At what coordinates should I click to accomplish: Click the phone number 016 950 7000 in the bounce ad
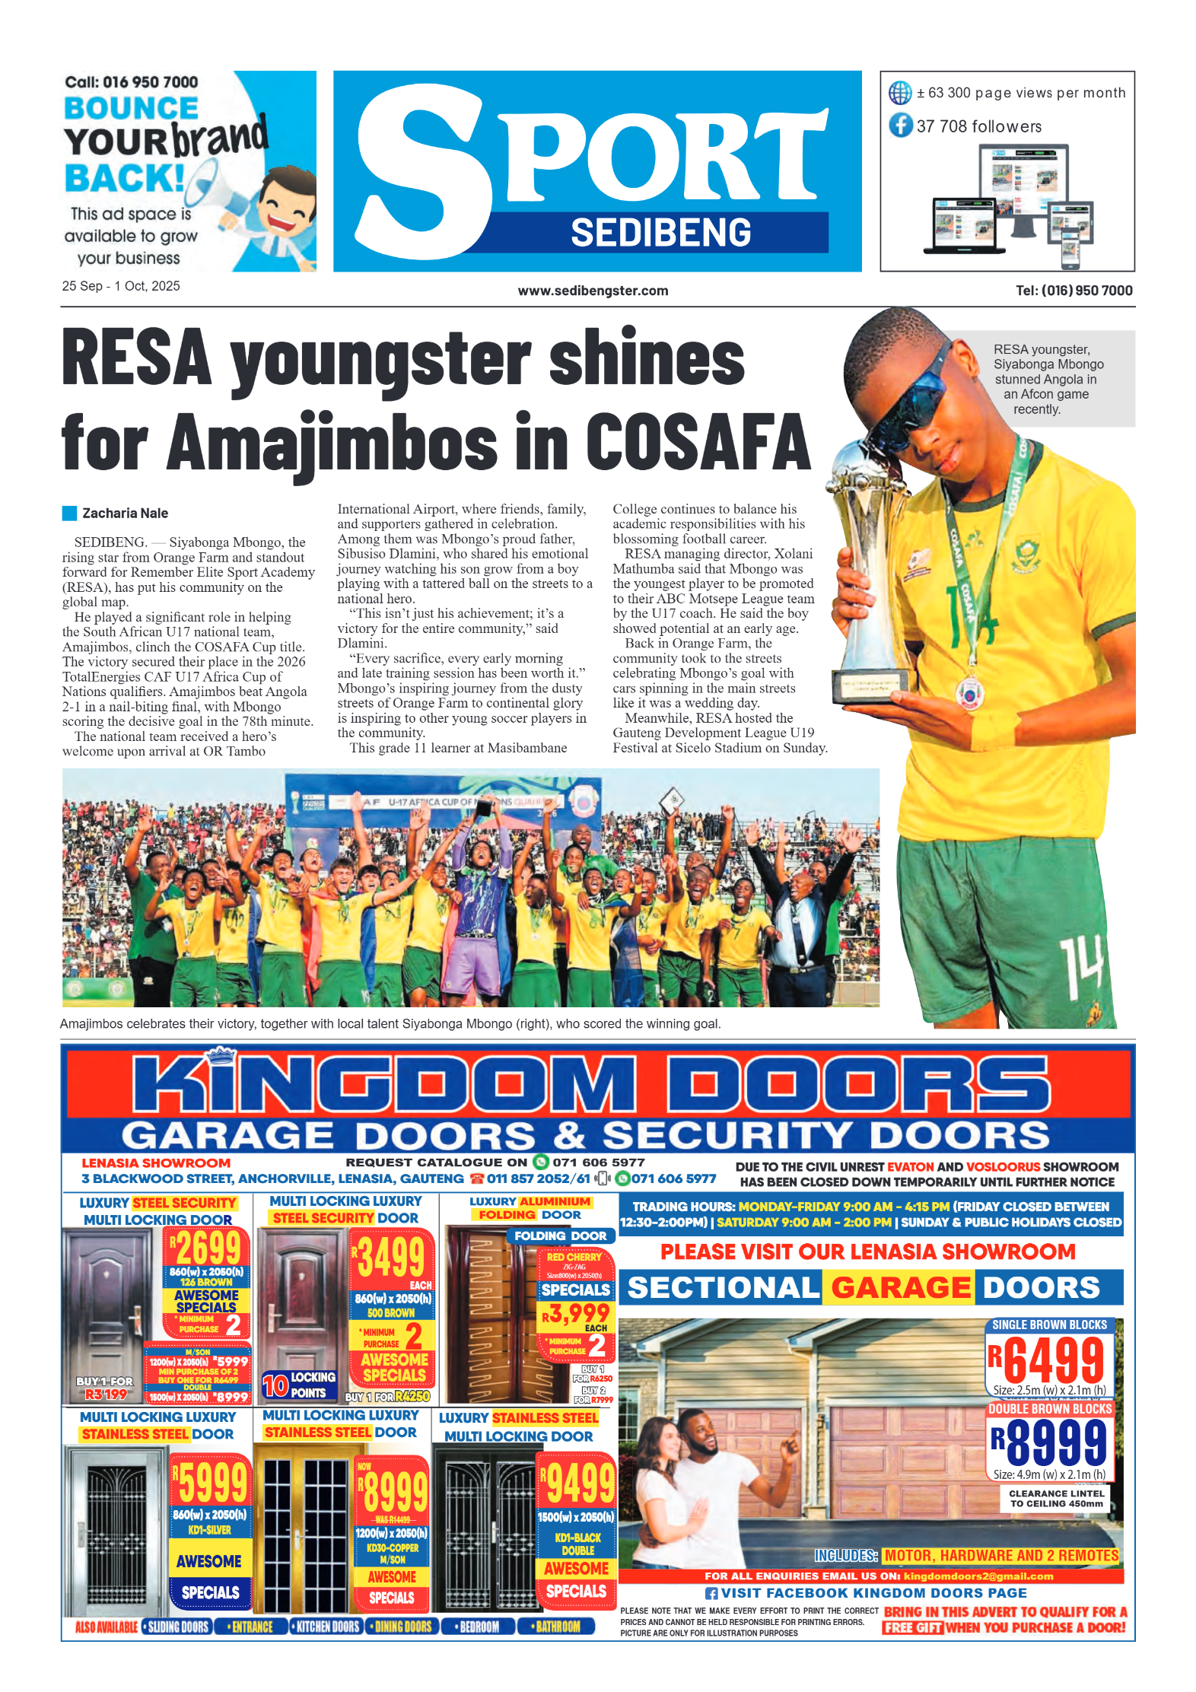150,82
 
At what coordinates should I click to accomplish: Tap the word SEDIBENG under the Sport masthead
660,233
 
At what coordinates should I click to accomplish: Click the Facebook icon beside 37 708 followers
901,126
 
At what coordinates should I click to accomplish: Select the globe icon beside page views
900,93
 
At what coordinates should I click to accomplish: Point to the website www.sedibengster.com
593,291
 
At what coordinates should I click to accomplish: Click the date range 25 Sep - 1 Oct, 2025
121,286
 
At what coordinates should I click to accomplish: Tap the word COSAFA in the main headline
698,443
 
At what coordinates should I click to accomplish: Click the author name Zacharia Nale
125,514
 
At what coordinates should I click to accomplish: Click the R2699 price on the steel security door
205,1248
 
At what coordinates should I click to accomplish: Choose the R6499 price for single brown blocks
1047,1361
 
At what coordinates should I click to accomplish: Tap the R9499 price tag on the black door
577,1483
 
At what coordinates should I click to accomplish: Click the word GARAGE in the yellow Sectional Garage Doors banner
900,1288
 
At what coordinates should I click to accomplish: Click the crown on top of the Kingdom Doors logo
221,1056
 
